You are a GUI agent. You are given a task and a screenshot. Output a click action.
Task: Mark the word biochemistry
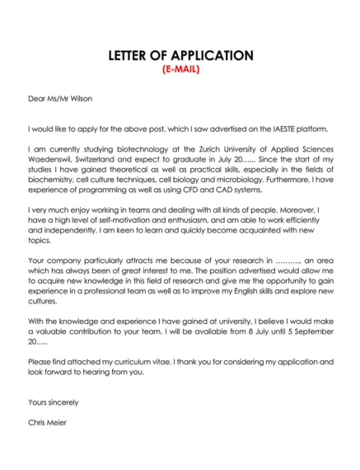(54, 175)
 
